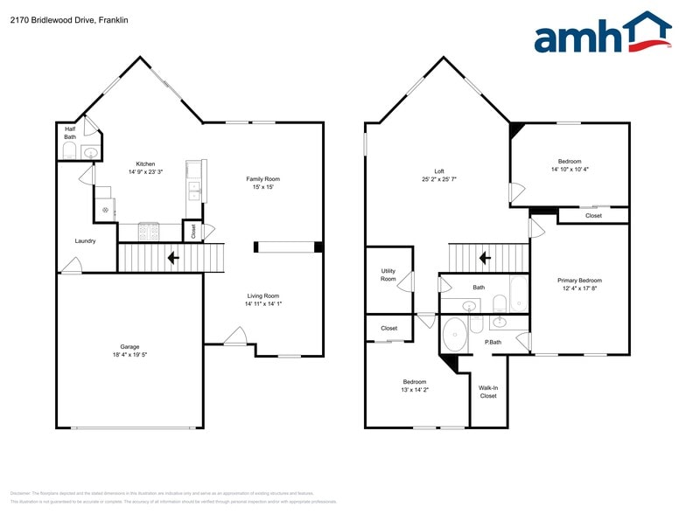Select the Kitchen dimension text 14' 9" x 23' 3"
(145, 173)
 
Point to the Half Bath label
(70, 133)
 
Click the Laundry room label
(85, 241)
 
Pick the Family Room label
(262, 178)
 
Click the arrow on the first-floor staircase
(173, 258)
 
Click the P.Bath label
(493, 342)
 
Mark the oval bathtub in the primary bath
(455, 333)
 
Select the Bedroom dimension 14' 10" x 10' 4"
(569, 170)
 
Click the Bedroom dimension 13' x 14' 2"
(414, 391)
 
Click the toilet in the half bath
(68, 151)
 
